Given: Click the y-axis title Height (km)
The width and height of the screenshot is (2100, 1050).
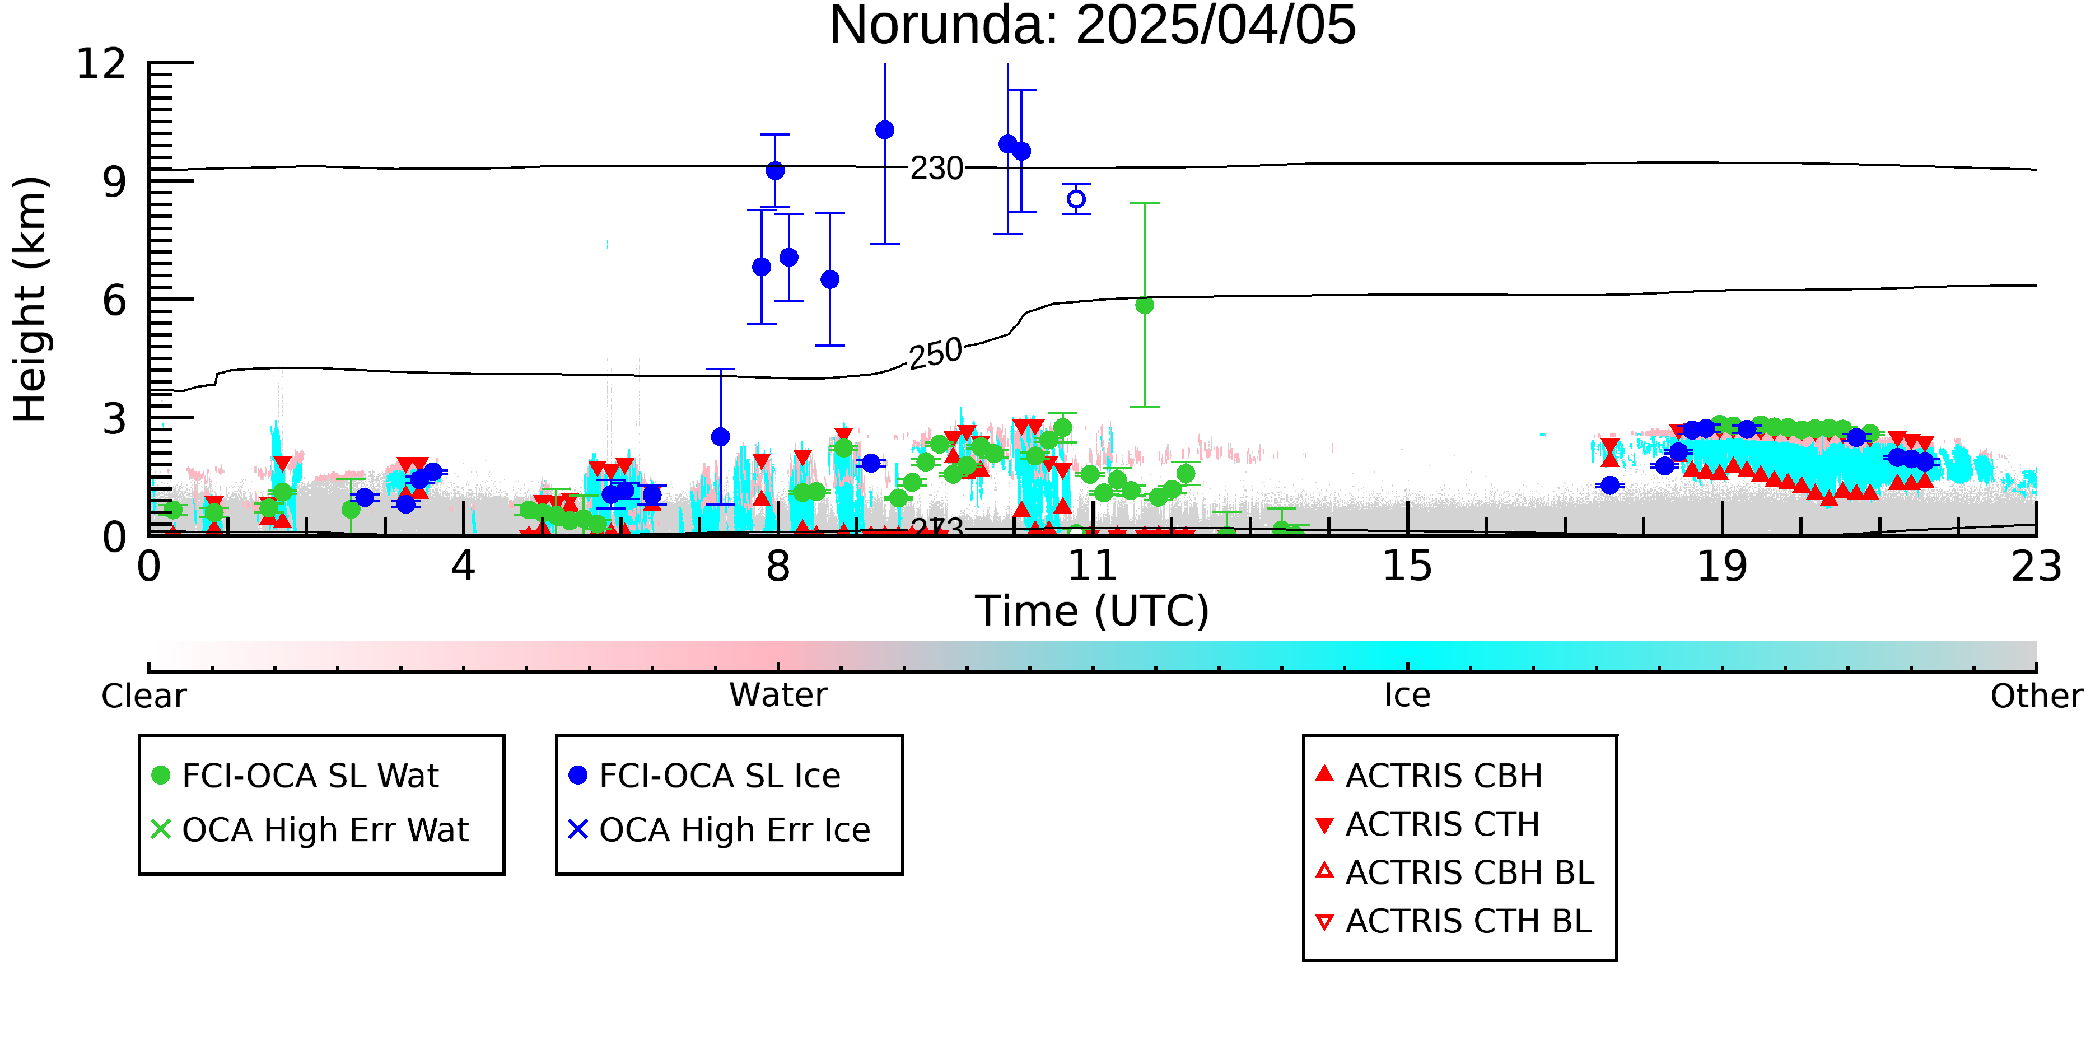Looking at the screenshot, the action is click(x=31, y=299).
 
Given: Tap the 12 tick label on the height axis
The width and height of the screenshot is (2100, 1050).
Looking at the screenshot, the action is click(x=101, y=64).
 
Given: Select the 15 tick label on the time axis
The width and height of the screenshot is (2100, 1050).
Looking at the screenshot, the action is click(x=1407, y=566).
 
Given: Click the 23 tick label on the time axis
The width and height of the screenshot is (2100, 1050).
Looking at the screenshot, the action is click(x=2036, y=566).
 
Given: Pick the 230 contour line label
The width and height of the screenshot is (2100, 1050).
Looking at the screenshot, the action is click(x=937, y=168).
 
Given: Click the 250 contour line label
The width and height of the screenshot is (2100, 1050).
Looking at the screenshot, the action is click(x=936, y=354).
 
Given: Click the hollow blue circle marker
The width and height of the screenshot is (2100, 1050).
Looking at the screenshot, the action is click(x=1076, y=199).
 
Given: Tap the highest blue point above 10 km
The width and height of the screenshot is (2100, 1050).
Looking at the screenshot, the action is click(x=884, y=129).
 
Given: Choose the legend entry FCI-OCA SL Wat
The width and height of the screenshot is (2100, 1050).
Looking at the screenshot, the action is click(x=295, y=775).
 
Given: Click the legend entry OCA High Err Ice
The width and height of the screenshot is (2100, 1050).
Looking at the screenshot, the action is click(x=719, y=830).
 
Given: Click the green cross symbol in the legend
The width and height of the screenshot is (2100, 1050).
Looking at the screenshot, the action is click(x=161, y=829).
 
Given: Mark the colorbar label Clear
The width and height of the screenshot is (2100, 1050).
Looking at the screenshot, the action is click(x=143, y=696).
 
